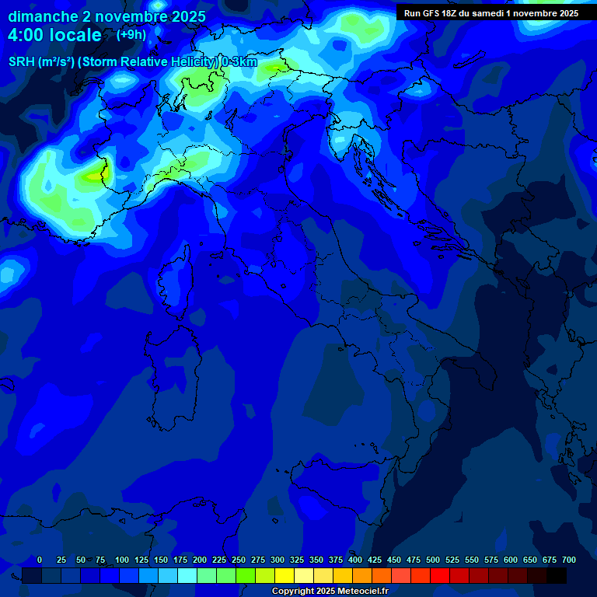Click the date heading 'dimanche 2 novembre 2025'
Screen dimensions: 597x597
(106, 16)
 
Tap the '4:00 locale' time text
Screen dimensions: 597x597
(54, 35)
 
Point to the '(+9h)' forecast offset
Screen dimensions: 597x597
(131, 34)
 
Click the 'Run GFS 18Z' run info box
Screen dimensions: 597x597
(491, 13)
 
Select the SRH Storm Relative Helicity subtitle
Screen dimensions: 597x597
(133, 62)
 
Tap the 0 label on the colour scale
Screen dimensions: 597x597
(40, 560)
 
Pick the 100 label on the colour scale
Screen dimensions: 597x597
(122, 560)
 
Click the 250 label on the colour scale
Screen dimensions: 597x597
(239, 560)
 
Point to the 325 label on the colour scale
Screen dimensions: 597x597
(297, 560)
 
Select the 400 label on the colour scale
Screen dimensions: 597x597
(355, 560)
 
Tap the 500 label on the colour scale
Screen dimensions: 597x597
(433, 560)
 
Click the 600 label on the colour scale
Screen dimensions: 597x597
(511, 560)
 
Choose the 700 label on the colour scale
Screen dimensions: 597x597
(569, 560)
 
